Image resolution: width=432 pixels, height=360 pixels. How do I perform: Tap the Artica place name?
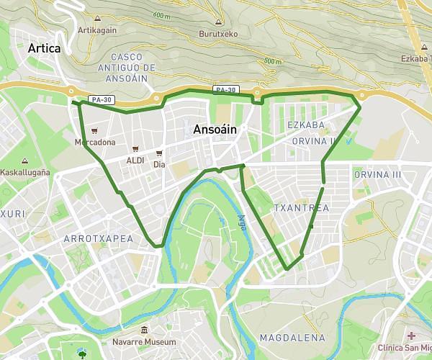pos(45,48)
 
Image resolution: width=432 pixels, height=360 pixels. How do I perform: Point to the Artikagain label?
pos(98,30)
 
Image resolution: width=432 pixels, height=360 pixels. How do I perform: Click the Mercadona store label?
pos(94,142)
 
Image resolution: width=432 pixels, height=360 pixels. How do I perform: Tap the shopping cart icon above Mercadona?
pos(94,131)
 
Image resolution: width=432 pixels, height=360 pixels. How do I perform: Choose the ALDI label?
pos(135,160)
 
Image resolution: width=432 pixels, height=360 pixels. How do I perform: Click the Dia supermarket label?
pos(159,164)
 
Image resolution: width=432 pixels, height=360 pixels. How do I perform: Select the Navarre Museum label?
pos(144,341)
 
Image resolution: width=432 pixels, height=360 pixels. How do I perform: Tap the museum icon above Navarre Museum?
pos(144,330)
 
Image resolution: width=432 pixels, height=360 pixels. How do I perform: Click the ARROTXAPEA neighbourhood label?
pos(98,238)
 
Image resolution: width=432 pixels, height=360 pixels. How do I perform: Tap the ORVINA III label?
pos(377,175)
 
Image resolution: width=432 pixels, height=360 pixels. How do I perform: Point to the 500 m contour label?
pos(273,62)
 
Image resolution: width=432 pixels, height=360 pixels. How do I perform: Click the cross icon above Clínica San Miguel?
pos(411,336)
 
